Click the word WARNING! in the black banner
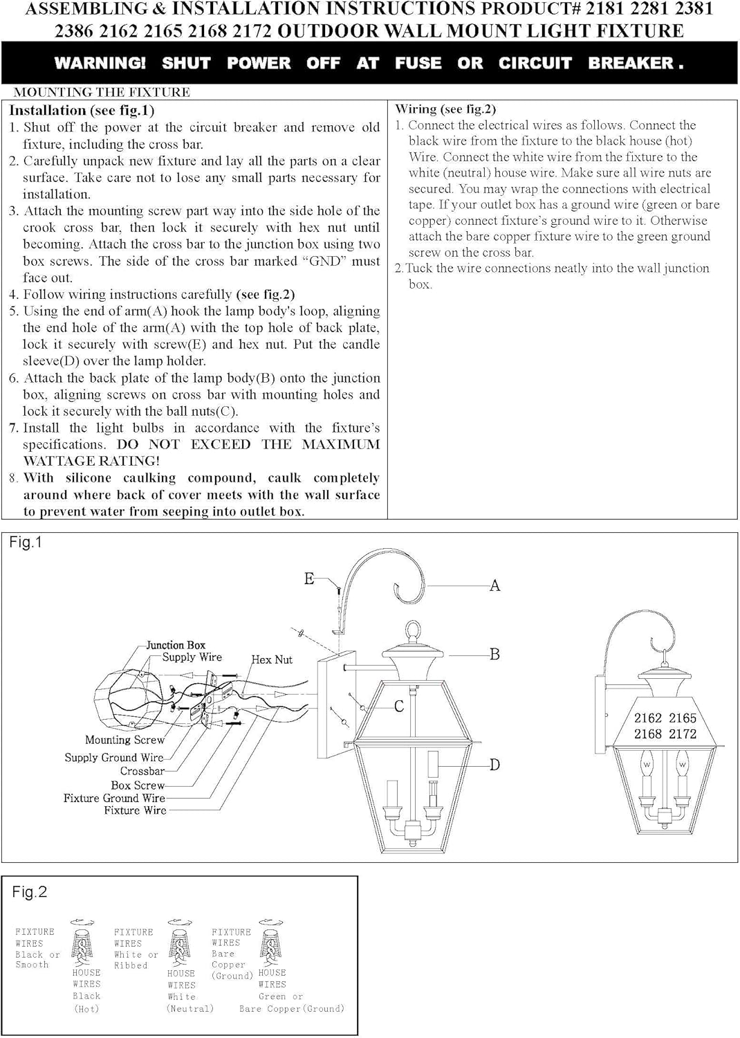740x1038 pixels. pos(100,63)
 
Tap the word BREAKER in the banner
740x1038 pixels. pos(631,63)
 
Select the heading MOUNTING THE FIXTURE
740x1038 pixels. pos(102,92)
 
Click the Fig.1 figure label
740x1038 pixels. pos(26,543)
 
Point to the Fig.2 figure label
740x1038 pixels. pos(29,892)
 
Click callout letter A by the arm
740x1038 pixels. pos(494,585)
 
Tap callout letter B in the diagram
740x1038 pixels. pos(494,654)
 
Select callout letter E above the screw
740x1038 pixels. pos(309,579)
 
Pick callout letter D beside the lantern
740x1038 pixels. pos(494,765)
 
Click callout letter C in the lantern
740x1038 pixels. pos(399,707)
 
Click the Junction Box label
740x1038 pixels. pos(176,645)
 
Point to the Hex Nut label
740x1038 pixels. pos(272,660)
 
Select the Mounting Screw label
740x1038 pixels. pos(124,740)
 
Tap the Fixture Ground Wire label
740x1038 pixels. pos(114,798)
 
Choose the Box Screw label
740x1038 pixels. pos(138,785)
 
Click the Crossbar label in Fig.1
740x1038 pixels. pos(142,771)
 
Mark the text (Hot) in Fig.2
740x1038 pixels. pos(86,1009)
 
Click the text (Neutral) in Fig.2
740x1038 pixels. pos(189,1009)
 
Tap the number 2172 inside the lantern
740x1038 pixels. pos(682,734)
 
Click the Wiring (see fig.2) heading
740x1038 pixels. pos(445,109)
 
